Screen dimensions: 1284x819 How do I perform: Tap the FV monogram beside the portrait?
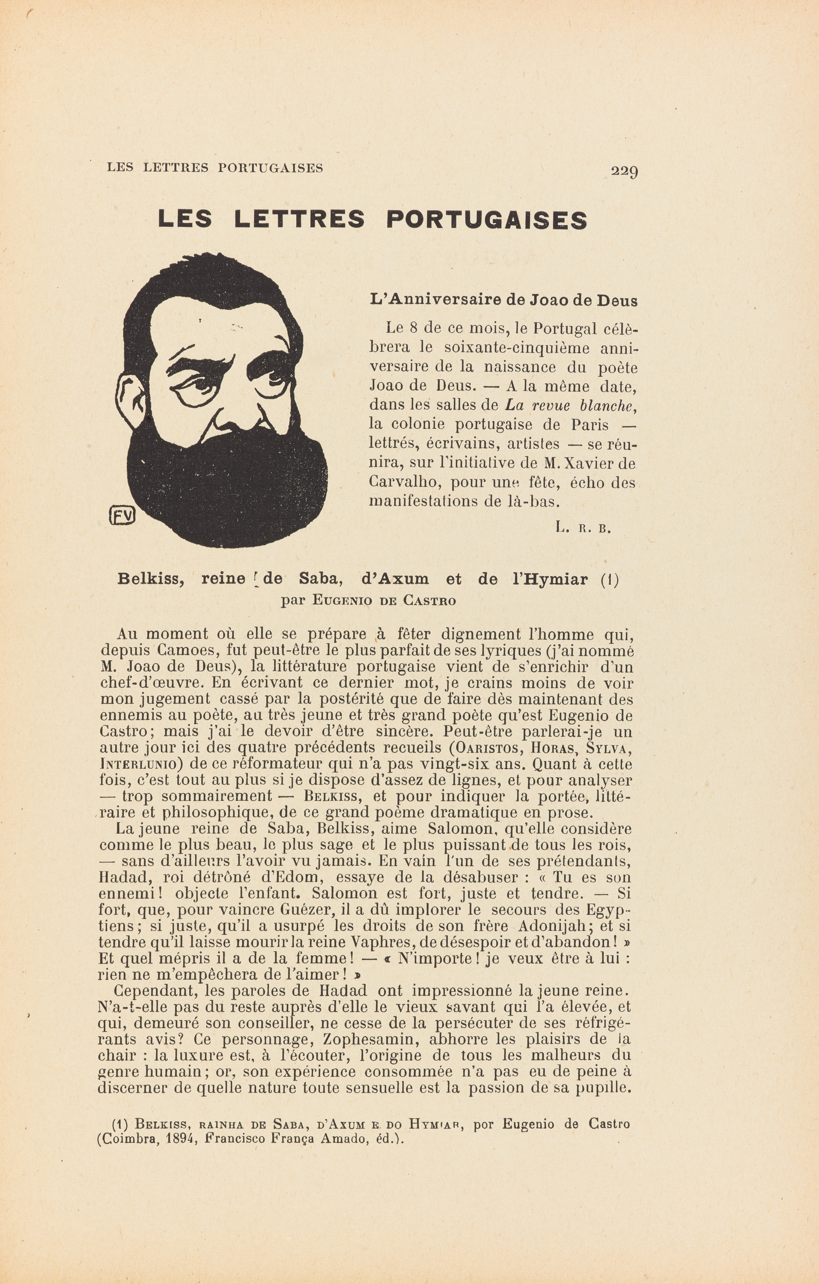coord(122,514)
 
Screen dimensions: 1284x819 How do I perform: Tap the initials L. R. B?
coord(582,528)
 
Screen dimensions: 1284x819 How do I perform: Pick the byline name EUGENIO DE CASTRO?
coord(384,601)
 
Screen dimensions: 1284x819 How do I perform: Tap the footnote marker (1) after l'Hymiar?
coord(610,579)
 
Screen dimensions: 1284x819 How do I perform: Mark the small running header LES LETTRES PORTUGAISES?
coord(215,167)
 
